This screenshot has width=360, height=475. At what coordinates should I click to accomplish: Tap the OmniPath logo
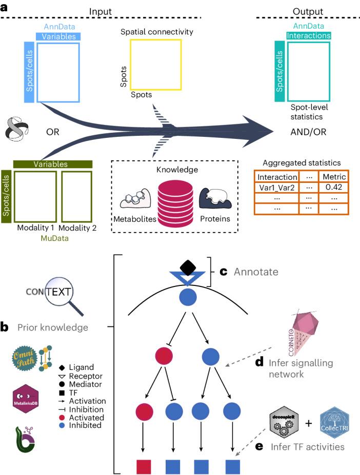[x=24, y=359]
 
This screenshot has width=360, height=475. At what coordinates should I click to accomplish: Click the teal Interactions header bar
[x=309, y=36]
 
